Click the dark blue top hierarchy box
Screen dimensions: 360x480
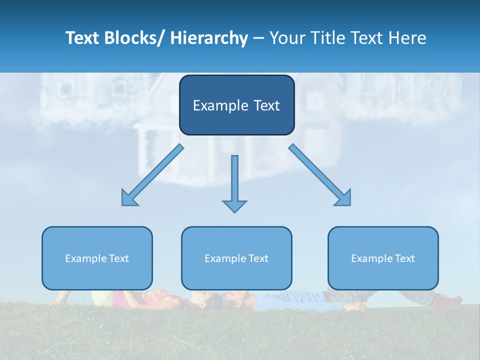[x=236, y=105]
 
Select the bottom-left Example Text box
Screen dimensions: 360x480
[x=97, y=258]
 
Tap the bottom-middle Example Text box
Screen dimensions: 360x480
[x=236, y=258]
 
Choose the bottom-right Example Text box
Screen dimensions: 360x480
[x=383, y=258]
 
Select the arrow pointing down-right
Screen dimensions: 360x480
[x=320, y=175]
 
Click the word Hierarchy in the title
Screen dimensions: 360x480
[x=209, y=38]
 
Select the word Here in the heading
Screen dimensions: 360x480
[x=407, y=38]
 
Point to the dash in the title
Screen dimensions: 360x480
[x=259, y=38]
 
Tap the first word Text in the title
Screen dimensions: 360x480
[x=82, y=38]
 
